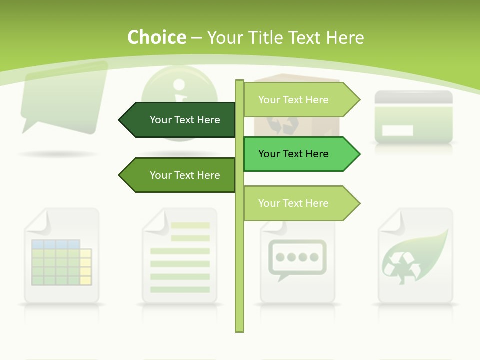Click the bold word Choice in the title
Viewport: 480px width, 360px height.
click(x=156, y=38)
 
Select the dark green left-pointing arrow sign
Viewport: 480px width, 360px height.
click(x=180, y=120)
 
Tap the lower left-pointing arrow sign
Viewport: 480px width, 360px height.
click(x=180, y=175)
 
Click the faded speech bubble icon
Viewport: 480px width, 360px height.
click(x=64, y=97)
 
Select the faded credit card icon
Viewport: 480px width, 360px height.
click(x=414, y=117)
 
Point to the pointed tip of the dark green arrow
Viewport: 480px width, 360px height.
click(x=120, y=120)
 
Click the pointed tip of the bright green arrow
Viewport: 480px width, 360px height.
click(x=358, y=154)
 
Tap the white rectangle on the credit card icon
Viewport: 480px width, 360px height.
click(x=397, y=130)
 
